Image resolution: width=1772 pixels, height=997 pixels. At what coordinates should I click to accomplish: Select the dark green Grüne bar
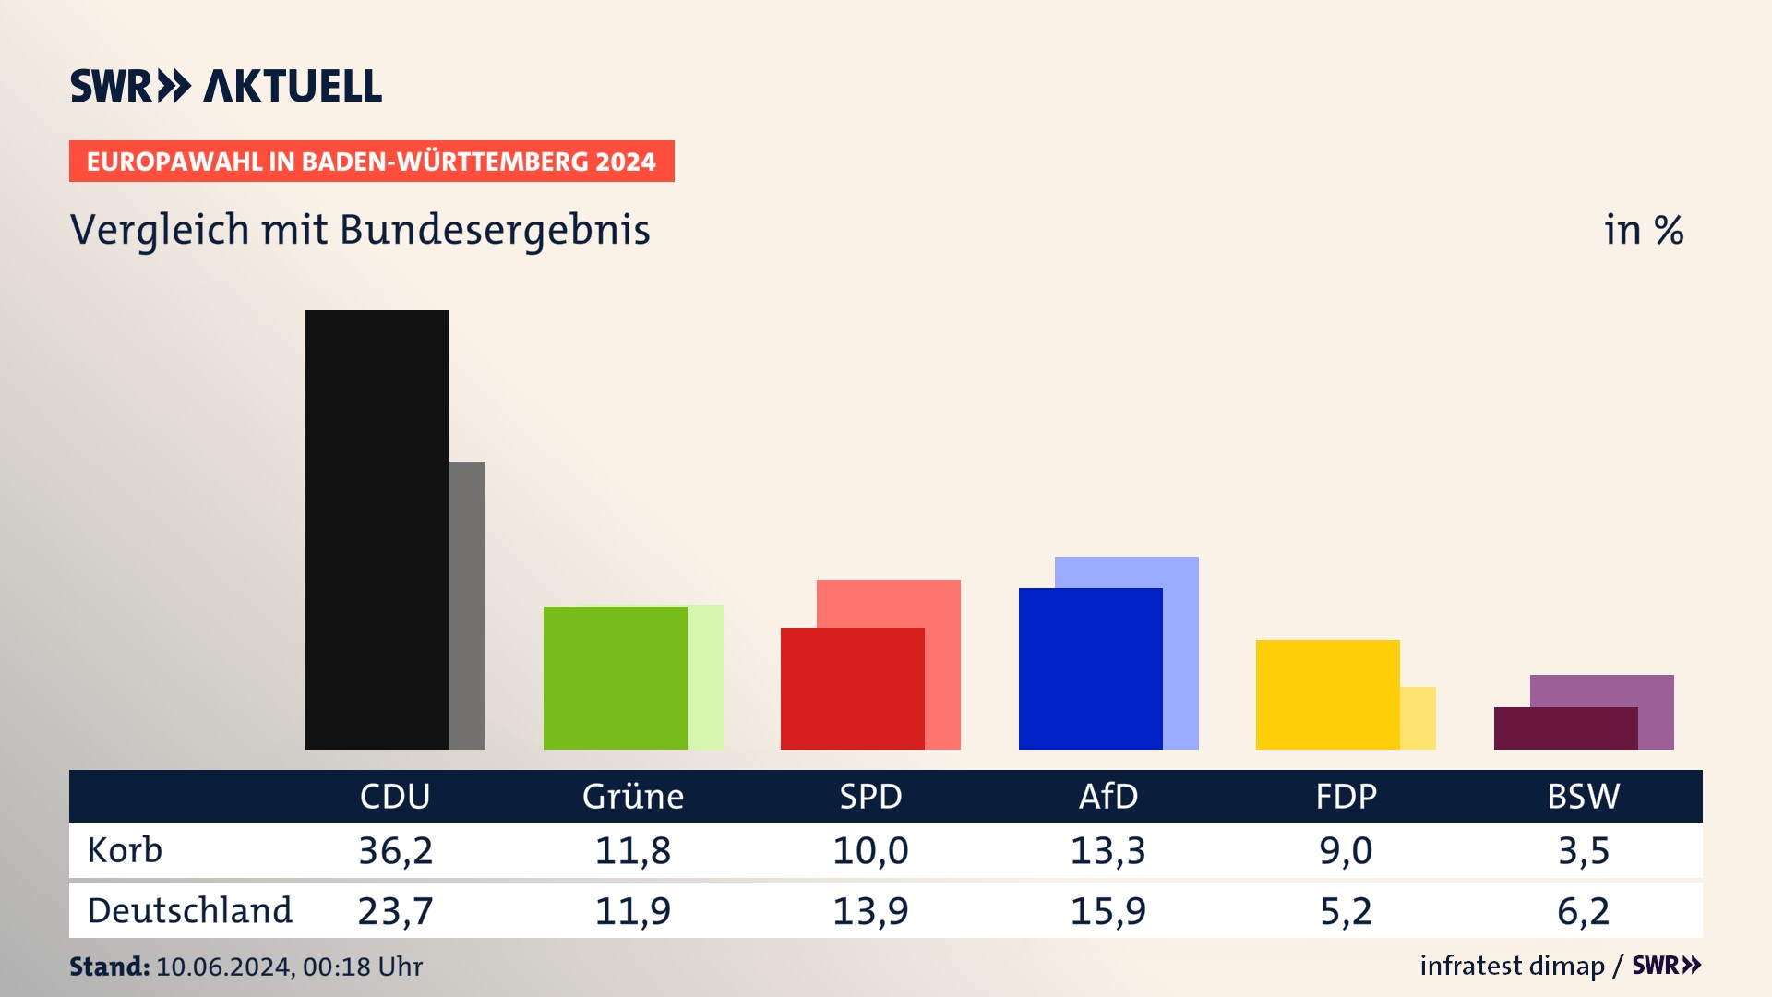pyautogui.click(x=615, y=678)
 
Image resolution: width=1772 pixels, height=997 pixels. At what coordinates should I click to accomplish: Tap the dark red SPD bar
pyautogui.click(x=852, y=689)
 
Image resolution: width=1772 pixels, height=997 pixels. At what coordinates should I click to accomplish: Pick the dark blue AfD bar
pyautogui.click(x=1090, y=668)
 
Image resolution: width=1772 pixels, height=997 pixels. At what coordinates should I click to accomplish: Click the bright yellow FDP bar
pyautogui.click(x=1327, y=694)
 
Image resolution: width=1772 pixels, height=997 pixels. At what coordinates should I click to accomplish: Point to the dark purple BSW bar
pyautogui.click(x=1565, y=728)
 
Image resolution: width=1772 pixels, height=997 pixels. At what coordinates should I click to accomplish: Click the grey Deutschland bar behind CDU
pyautogui.click(x=468, y=605)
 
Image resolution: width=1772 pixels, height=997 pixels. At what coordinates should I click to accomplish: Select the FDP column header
pyautogui.click(x=1346, y=797)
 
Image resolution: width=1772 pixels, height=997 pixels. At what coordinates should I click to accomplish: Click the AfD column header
pyautogui.click(x=1108, y=797)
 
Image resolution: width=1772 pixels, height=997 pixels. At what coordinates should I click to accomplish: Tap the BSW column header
pyautogui.click(x=1583, y=797)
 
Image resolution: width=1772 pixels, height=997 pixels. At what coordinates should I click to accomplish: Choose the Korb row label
pyautogui.click(x=125, y=850)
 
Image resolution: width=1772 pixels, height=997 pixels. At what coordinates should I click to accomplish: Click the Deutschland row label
pyautogui.click(x=189, y=911)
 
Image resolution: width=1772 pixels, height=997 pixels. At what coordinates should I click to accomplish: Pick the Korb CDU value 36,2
pyautogui.click(x=395, y=850)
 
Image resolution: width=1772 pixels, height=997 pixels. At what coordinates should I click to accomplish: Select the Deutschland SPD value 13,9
pyautogui.click(x=870, y=911)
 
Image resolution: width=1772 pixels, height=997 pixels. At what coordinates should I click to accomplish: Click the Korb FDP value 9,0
pyautogui.click(x=1346, y=850)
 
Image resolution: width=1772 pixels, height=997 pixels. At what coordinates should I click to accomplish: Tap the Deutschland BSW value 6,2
pyautogui.click(x=1583, y=911)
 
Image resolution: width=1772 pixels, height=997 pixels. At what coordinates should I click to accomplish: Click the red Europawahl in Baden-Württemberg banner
pyautogui.click(x=371, y=162)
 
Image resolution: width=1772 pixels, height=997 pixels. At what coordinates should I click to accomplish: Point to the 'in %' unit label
pyautogui.click(x=1643, y=231)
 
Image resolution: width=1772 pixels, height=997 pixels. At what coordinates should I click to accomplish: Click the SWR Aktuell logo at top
pyautogui.click(x=226, y=86)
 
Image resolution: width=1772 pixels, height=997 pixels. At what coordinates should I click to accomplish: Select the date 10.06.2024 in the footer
pyautogui.click(x=224, y=967)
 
